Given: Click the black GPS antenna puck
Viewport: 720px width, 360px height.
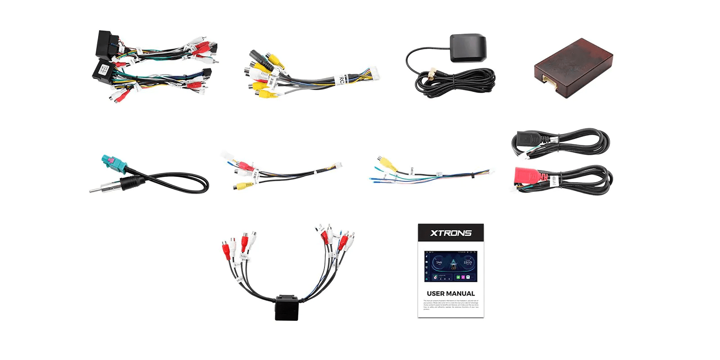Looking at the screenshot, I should tap(468, 48).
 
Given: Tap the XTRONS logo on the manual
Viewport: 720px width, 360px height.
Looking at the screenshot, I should tap(450, 233).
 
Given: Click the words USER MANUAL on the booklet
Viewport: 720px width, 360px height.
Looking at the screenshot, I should tap(450, 293).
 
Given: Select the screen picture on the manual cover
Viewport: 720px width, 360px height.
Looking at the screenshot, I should tap(450, 266).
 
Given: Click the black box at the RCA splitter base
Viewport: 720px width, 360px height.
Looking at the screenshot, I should tap(287, 308).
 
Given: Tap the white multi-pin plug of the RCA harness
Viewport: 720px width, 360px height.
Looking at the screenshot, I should tap(373, 73).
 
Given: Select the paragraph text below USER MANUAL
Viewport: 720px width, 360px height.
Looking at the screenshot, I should tap(450, 305).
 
